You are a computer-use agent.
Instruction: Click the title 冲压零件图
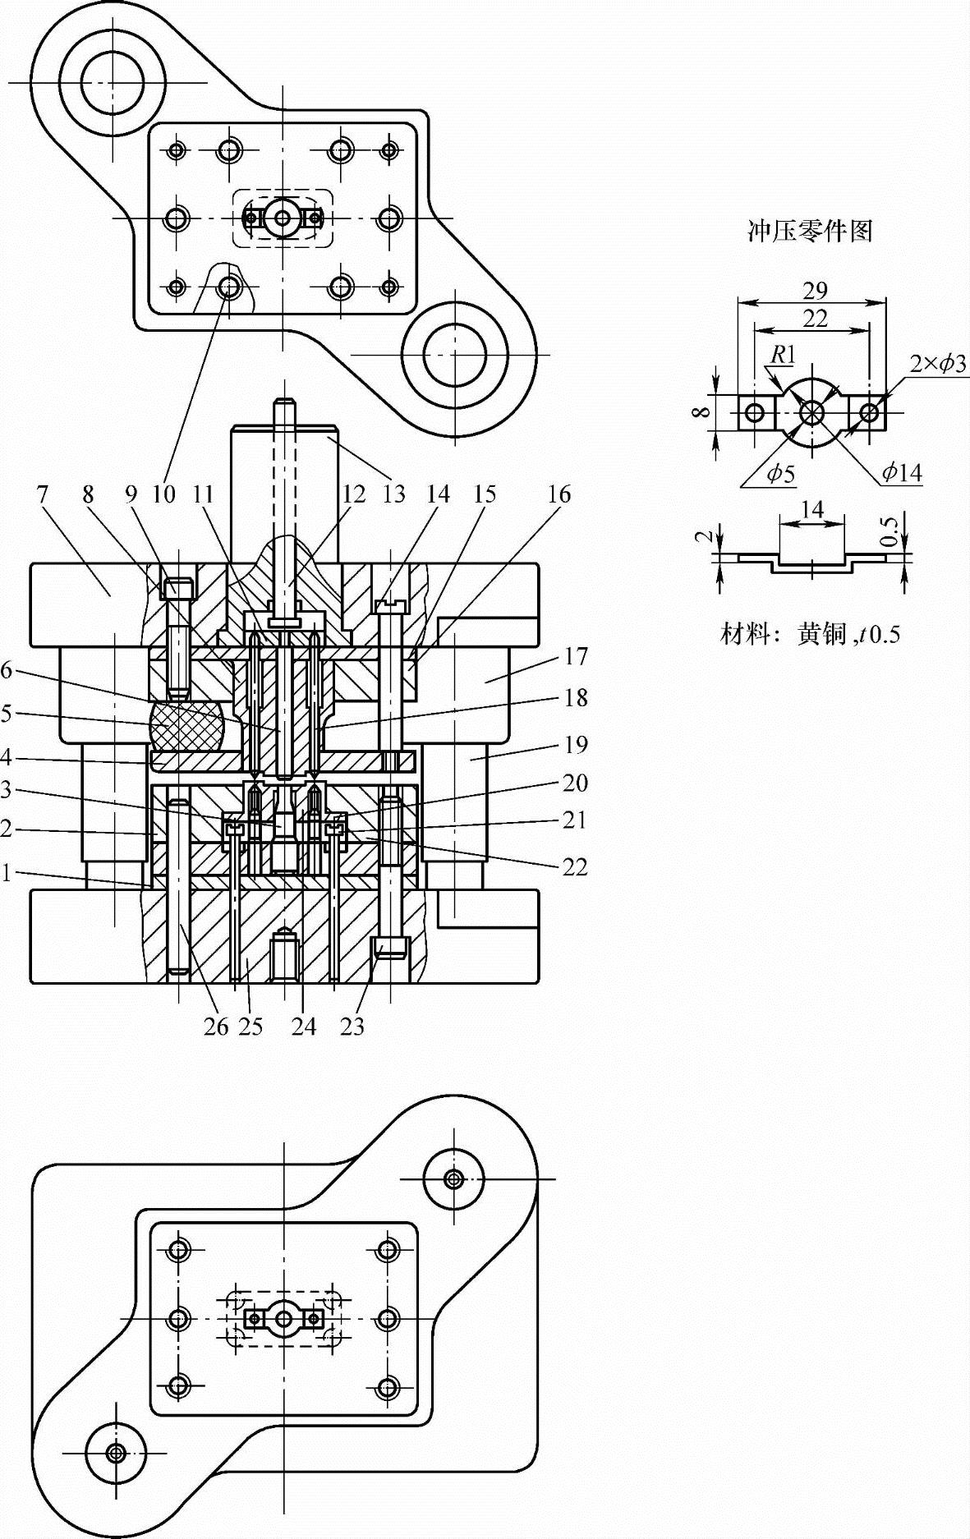click(x=809, y=231)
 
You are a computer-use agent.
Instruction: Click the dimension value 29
click(x=815, y=291)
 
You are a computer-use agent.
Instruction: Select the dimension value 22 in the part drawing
click(x=815, y=319)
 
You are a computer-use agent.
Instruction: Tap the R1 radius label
click(x=784, y=354)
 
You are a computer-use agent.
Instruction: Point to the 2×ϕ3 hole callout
click(x=939, y=363)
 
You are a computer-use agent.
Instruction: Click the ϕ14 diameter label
click(x=902, y=472)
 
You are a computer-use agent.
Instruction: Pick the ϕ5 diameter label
click(x=781, y=473)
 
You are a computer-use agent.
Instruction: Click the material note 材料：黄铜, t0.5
click(x=810, y=633)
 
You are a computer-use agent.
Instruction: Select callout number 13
click(x=394, y=494)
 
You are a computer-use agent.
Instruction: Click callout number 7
click(x=42, y=494)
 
